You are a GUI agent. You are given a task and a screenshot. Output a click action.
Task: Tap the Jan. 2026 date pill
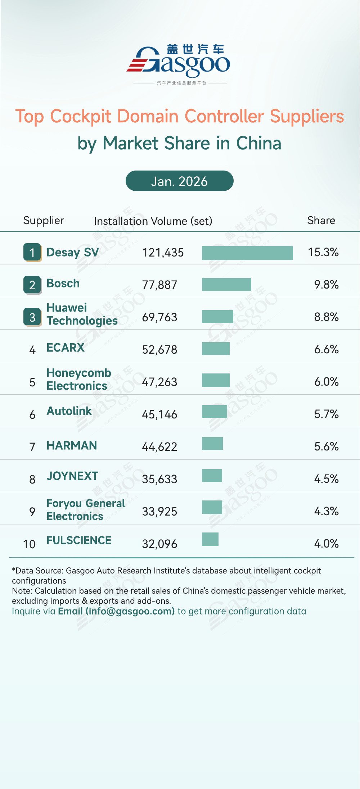coord(179,181)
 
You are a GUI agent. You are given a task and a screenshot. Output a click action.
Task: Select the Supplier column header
coord(44,221)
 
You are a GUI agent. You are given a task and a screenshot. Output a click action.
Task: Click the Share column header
coord(321,221)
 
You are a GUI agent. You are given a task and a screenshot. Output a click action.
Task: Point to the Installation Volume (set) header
coord(153,221)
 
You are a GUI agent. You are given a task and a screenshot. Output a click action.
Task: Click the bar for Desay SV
coord(247,253)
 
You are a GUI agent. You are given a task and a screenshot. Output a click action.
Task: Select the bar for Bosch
coord(226,285)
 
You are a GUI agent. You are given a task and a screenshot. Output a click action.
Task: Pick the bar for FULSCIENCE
coord(210,539)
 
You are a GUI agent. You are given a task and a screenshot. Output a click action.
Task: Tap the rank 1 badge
coord(32,252)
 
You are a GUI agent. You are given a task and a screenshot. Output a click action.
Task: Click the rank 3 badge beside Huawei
coord(32,317)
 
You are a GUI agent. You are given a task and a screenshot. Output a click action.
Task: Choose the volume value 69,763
coord(159,317)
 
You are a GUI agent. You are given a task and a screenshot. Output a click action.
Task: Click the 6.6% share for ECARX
coord(326,349)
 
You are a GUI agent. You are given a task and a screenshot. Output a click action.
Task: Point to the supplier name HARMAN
coord(72,446)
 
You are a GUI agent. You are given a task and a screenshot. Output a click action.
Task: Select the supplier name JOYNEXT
coord(72,476)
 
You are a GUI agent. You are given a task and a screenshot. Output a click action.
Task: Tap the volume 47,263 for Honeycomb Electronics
coord(159,382)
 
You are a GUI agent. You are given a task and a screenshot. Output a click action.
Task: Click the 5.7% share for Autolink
coord(326,414)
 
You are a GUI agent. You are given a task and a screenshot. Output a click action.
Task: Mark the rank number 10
coord(29,544)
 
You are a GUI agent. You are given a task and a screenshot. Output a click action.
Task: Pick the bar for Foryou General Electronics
coord(212,507)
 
